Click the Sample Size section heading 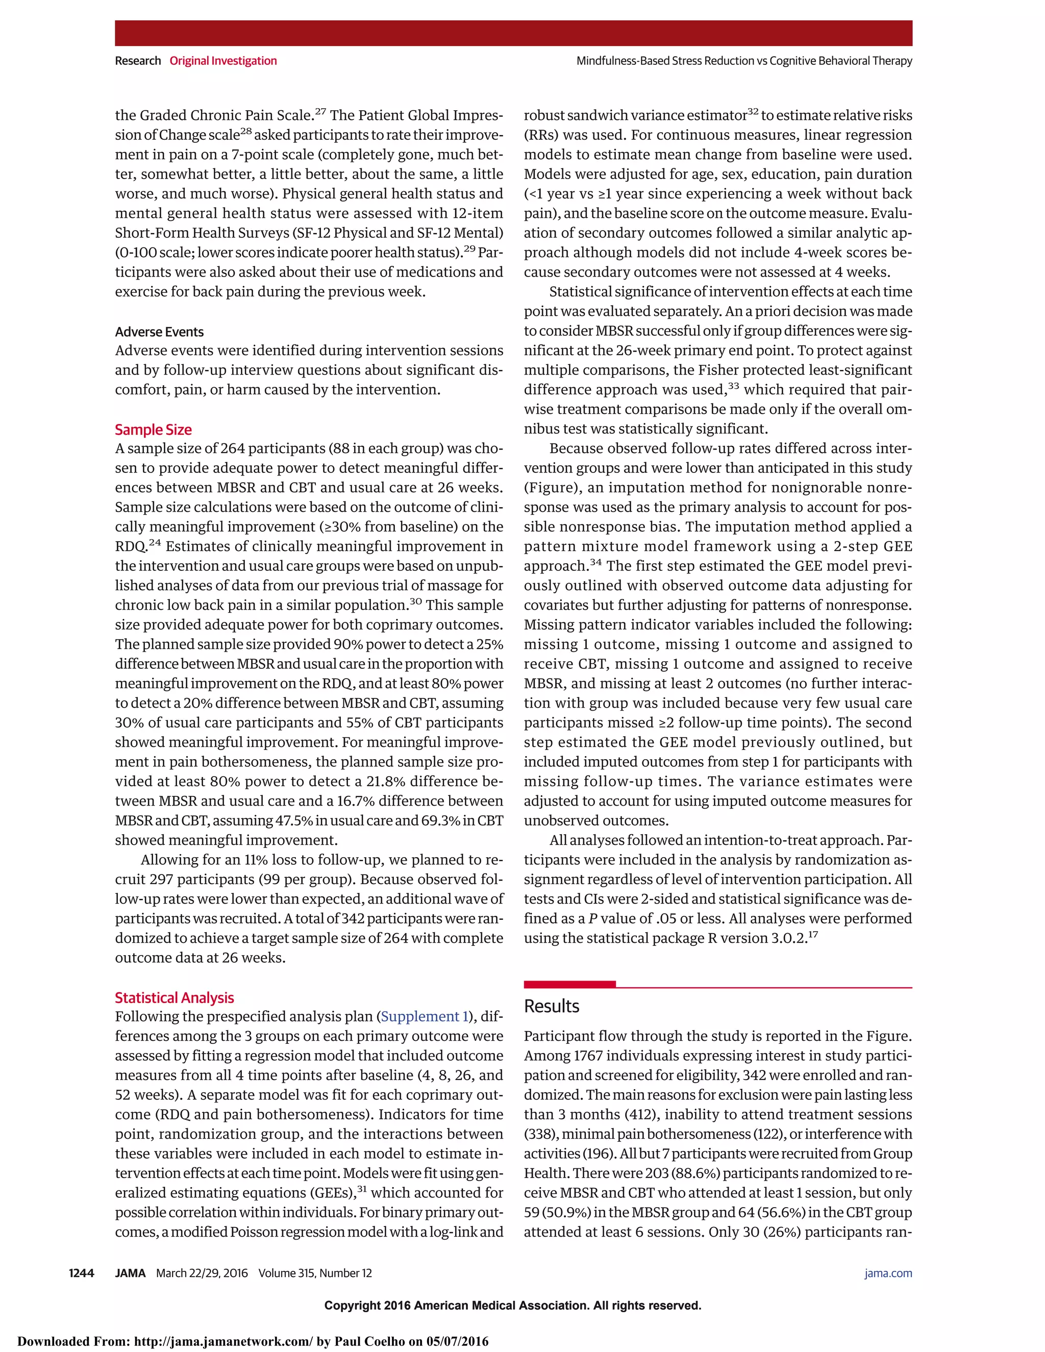153,430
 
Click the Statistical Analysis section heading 174,998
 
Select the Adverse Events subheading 159,332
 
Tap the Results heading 551,1007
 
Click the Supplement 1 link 424,1017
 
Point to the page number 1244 81,1273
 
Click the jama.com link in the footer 888,1273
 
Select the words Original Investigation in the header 223,61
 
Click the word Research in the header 137,61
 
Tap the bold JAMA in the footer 130,1273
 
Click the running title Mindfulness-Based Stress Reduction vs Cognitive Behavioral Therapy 744,61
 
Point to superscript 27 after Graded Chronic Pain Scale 320,111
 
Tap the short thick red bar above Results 569,984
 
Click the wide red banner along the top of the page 513,33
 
